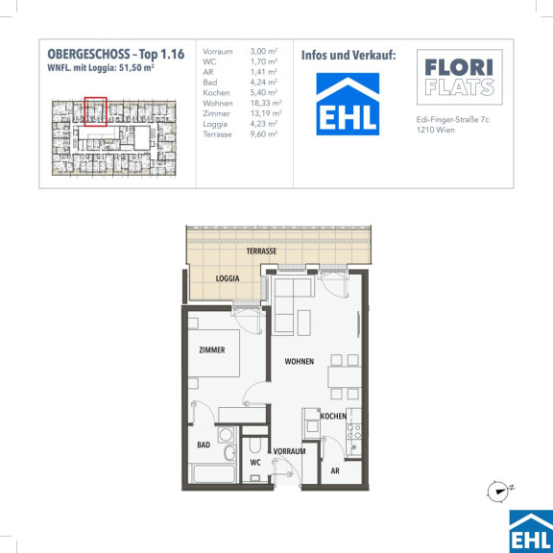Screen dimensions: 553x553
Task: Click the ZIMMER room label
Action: (x=212, y=349)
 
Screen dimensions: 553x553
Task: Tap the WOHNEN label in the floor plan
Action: (x=300, y=361)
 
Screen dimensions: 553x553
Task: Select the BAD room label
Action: (x=204, y=445)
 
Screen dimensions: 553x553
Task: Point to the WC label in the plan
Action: (x=255, y=463)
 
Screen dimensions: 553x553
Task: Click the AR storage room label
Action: (x=335, y=470)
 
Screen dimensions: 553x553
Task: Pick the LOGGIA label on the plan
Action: (x=228, y=278)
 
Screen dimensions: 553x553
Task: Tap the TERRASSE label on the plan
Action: (x=261, y=252)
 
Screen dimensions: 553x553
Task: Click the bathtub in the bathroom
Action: (x=214, y=473)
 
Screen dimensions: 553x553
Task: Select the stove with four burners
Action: (x=353, y=432)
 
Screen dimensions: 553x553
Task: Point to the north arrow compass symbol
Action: (x=499, y=491)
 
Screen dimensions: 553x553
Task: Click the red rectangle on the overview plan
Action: (x=96, y=111)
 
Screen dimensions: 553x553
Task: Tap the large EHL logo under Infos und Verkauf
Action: (x=348, y=104)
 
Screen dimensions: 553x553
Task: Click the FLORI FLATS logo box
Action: (x=460, y=77)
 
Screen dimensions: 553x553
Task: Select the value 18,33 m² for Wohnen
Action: (x=266, y=103)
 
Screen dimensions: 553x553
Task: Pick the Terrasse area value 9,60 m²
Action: (x=264, y=134)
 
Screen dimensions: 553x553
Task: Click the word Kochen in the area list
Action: (x=216, y=93)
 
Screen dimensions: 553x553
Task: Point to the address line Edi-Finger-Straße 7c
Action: (x=453, y=120)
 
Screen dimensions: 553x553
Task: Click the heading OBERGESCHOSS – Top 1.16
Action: (x=116, y=55)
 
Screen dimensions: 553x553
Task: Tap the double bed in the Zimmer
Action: (x=214, y=353)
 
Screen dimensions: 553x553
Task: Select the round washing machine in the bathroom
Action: (x=226, y=435)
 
